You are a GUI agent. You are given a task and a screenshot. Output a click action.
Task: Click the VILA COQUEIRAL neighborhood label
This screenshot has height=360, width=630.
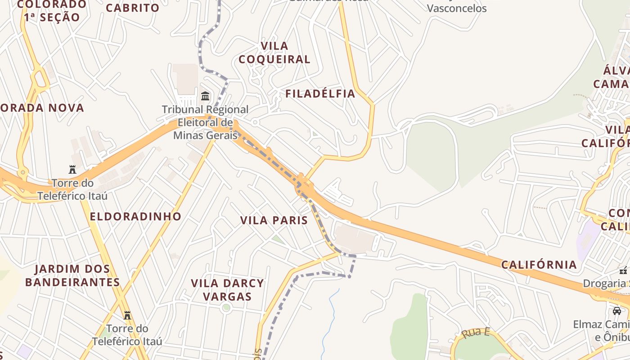[x=274, y=53]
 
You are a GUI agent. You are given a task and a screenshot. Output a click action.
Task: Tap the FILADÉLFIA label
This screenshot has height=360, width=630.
[x=320, y=94]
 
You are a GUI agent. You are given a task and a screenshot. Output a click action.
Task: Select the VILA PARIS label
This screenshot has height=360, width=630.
[x=274, y=220]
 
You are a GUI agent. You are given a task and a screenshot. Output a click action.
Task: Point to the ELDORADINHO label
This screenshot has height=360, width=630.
[x=135, y=216]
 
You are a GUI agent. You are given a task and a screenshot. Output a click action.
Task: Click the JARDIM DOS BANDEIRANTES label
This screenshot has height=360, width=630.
[x=72, y=275]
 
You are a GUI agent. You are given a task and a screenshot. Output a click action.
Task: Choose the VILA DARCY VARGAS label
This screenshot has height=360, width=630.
[x=227, y=290]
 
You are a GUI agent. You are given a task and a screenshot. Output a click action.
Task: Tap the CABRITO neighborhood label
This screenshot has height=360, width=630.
[x=133, y=8]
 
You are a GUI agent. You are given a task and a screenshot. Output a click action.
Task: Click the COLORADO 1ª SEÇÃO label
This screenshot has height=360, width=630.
[x=52, y=11]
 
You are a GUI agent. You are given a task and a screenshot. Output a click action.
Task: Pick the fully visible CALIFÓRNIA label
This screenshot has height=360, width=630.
[x=539, y=265]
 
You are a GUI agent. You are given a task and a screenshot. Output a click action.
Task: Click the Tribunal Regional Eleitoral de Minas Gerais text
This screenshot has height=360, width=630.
[x=205, y=122]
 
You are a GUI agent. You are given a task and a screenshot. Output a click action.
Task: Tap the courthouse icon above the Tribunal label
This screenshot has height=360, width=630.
[x=206, y=96]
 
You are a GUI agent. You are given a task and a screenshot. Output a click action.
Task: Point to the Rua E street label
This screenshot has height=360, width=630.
[x=476, y=333]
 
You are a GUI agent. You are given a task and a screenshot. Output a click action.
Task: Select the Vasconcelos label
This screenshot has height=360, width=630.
[x=457, y=8]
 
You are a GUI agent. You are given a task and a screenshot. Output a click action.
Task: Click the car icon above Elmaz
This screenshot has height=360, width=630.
[x=616, y=310]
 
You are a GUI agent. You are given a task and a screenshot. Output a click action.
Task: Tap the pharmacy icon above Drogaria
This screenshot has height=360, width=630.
[x=623, y=270]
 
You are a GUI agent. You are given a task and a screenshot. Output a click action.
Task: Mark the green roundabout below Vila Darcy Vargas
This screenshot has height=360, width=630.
[x=226, y=308]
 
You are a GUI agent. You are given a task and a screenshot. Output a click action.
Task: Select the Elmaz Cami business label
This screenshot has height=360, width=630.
[x=601, y=324]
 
